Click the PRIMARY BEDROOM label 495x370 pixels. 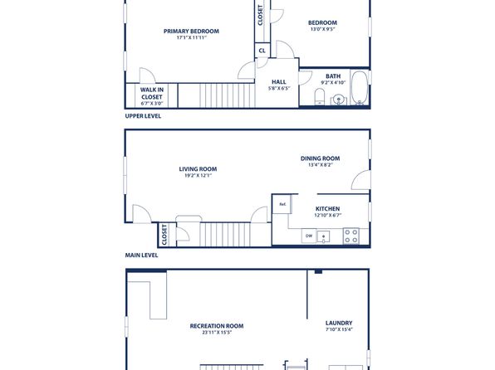[x=191, y=32]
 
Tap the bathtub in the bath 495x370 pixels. [x=360, y=88]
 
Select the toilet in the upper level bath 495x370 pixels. [x=320, y=96]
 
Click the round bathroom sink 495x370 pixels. [x=338, y=100]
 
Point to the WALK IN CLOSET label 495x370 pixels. [x=152, y=94]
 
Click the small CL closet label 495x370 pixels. [x=262, y=51]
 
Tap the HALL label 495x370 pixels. [x=279, y=82]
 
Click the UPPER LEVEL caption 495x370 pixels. [x=143, y=116]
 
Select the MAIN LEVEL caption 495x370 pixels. [x=141, y=256]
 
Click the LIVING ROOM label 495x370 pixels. [x=198, y=169]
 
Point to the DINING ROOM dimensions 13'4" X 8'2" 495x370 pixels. [x=321, y=164]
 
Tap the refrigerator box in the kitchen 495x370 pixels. [x=282, y=204]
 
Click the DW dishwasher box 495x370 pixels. [x=309, y=236]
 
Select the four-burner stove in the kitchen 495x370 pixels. [x=351, y=236]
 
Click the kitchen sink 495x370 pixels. [x=323, y=236]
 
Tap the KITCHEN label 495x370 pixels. [x=328, y=209]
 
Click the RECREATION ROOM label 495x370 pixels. [x=217, y=326]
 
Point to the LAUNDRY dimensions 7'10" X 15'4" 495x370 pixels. [x=339, y=329]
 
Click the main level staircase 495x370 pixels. [x=226, y=234]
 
